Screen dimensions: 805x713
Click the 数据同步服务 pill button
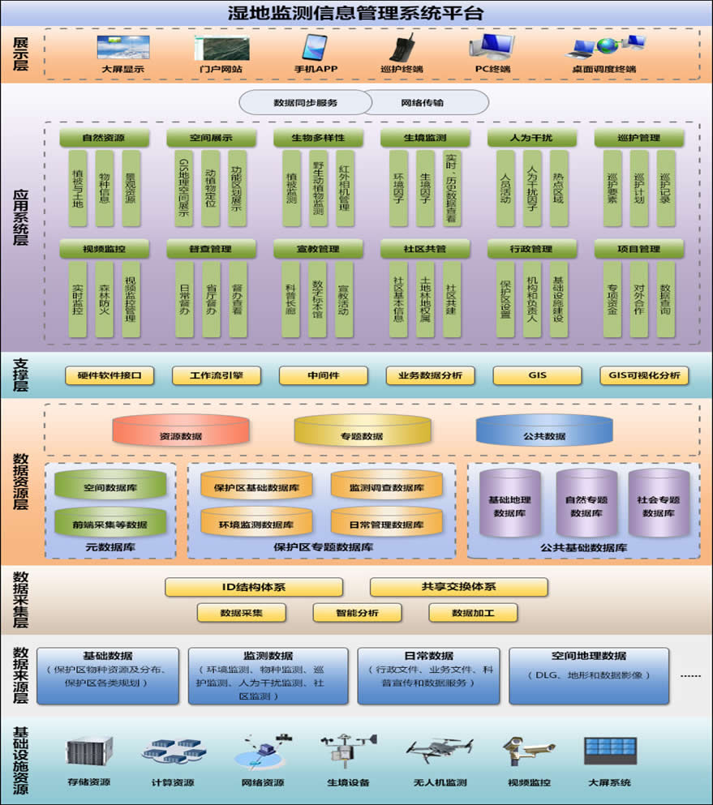305,103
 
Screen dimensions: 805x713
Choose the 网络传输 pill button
423,103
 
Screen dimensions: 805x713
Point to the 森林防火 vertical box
105,299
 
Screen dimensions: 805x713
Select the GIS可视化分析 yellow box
644,375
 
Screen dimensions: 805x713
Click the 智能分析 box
357,613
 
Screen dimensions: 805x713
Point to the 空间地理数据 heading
589,656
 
